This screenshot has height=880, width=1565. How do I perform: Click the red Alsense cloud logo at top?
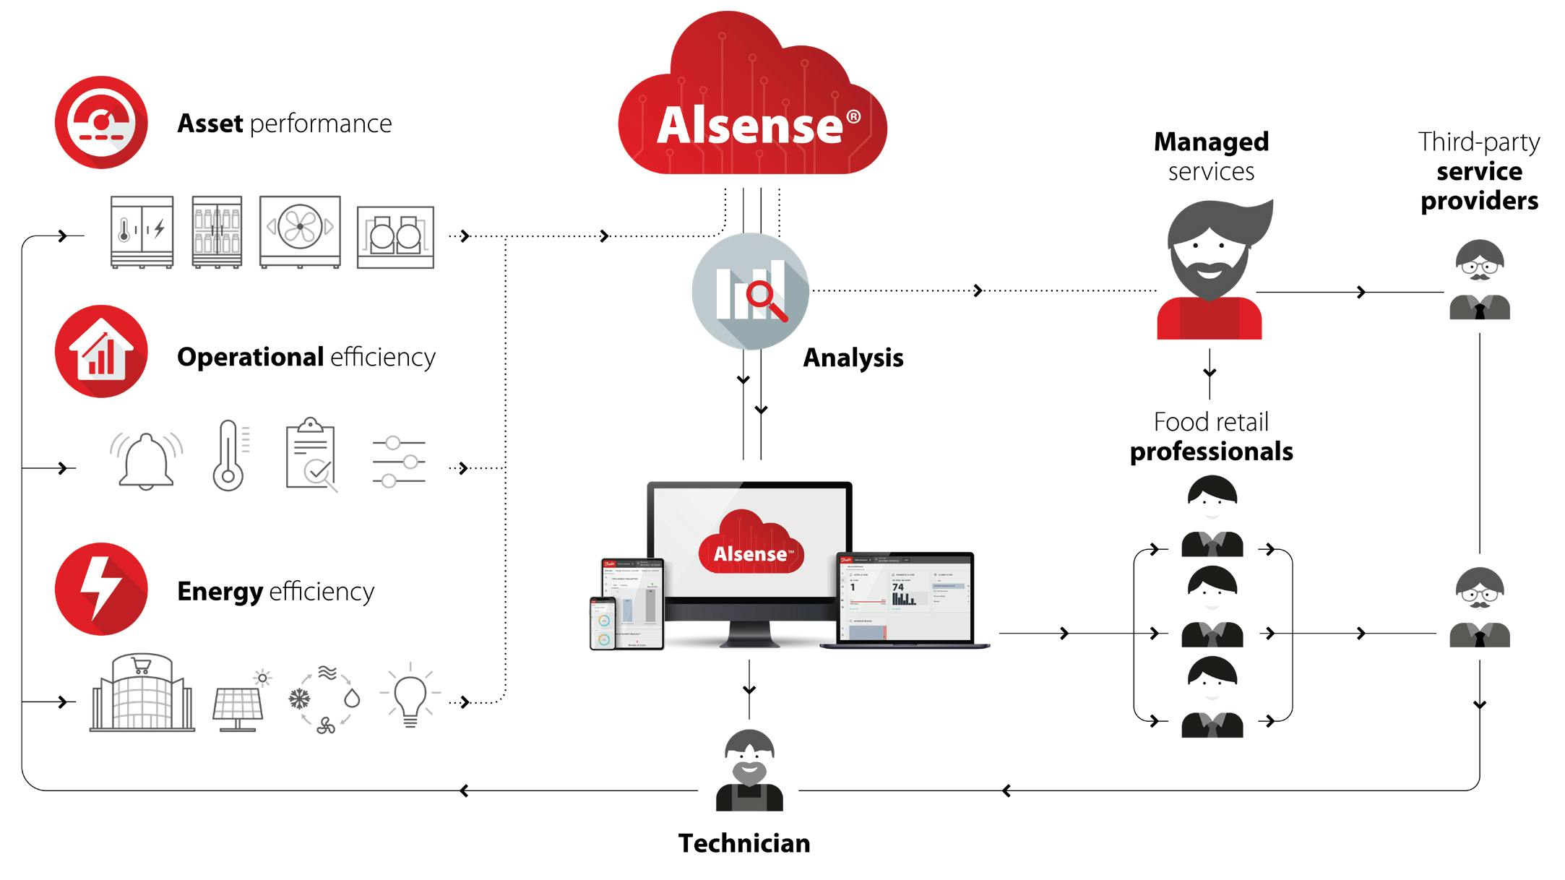pyautogui.click(x=751, y=108)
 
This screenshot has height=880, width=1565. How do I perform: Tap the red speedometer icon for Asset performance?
pyautogui.click(x=101, y=122)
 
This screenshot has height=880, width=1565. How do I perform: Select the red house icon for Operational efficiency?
pyautogui.click(x=101, y=351)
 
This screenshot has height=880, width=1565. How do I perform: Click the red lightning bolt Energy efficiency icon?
pyautogui.click(x=101, y=589)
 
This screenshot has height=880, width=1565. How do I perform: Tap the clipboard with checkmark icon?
pyautogui.click(x=311, y=455)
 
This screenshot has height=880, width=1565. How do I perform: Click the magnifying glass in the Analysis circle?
pyautogui.click(x=764, y=298)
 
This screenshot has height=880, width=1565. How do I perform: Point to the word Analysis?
pyautogui.click(x=853, y=358)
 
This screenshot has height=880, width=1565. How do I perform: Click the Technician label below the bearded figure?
pyautogui.click(x=744, y=843)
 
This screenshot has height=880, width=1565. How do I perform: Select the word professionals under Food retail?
pyautogui.click(x=1212, y=452)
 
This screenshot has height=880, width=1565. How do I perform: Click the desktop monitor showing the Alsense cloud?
pyautogui.click(x=750, y=549)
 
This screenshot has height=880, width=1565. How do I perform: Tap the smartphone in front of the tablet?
pyautogui.click(x=603, y=624)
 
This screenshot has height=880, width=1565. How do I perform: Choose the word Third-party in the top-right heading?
pyautogui.click(x=1478, y=142)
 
